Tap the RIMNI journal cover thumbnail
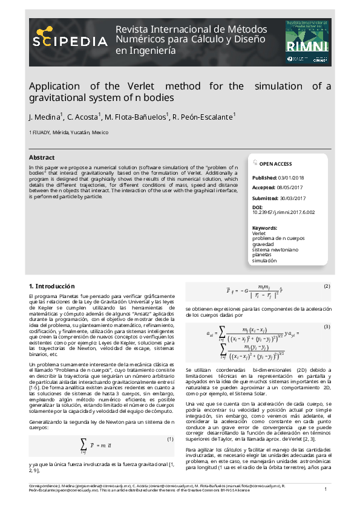click(x=308, y=42)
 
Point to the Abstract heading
click(x=42, y=157)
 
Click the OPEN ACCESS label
click(x=275, y=164)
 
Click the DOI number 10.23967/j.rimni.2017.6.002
click(x=283, y=212)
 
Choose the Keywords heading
click(x=264, y=227)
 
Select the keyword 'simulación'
click(x=264, y=261)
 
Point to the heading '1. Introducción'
click(x=52, y=285)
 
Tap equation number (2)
click(x=327, y=285)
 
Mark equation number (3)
click(x=327, y=326)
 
